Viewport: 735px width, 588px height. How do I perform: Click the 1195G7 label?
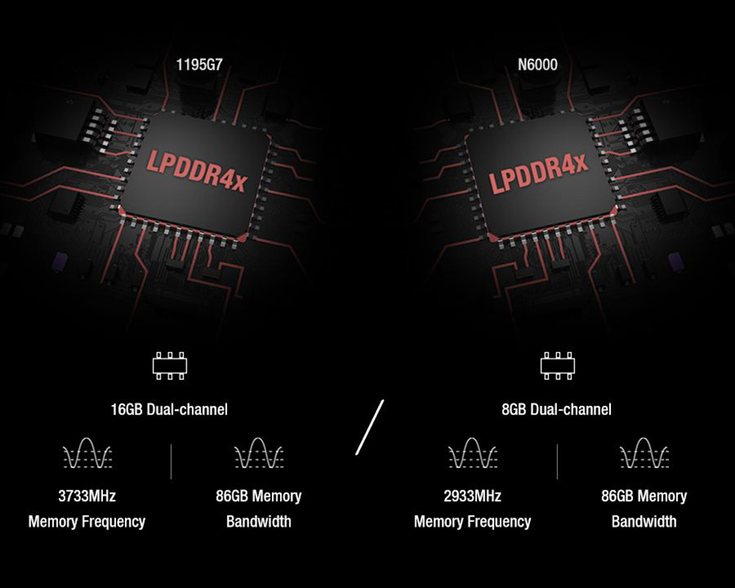click(x=198, y=65)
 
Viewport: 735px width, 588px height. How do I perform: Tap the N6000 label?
click(x=537, y=65)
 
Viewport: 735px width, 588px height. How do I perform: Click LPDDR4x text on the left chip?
click(x=197, y=171)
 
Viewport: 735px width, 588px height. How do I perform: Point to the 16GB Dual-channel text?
click(x=169, y=409)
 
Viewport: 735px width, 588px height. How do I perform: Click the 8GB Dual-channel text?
click(x=556, y=409)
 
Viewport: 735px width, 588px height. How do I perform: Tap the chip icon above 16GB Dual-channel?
click(x=170, y=365)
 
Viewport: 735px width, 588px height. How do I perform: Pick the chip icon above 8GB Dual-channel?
click(x=556, y=365)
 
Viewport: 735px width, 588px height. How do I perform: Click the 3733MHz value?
click(x=87, y=496)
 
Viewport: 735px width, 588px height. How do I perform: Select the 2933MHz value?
click(x=473, y=496)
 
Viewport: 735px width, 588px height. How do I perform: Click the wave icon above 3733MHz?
click(x=87, y=453)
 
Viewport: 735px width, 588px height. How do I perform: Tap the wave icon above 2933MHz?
click(x=473, y=453)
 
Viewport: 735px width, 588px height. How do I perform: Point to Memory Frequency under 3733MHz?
click(x=87, y=522)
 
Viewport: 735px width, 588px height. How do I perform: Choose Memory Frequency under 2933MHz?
click(x=473, y=522)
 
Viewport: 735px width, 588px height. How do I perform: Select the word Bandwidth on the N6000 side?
click(x=644, y=522)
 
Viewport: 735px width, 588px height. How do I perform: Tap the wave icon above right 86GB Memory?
click(x=644, y=453)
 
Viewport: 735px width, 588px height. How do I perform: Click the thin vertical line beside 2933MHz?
click(x=557, y=461)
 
